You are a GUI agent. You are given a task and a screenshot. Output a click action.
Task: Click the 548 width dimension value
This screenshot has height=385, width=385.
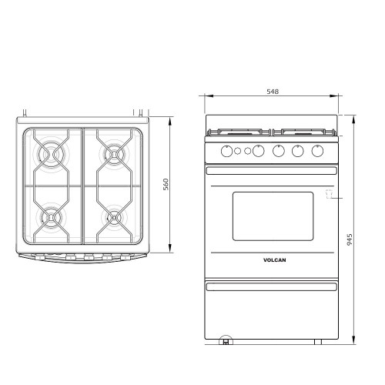pos(272,92)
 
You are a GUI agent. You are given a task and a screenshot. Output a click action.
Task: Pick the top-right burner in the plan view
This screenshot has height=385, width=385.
pos(115,154)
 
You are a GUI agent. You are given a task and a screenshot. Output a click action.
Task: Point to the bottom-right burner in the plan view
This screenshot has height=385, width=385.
pos(115,218)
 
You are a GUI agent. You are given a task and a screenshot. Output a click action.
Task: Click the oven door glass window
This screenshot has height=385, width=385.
pos(272,216)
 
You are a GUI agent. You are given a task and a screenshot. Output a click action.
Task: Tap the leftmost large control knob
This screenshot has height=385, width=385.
pos(226,150)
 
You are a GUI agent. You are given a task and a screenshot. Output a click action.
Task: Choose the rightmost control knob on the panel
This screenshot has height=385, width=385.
pos(316,150)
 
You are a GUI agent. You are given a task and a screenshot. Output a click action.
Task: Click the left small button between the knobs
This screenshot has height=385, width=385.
pos(239,150)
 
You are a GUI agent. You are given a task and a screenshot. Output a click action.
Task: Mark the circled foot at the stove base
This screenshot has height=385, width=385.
pos(226,340)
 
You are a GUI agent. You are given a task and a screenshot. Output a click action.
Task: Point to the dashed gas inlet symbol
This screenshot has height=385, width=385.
pos(328,196)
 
